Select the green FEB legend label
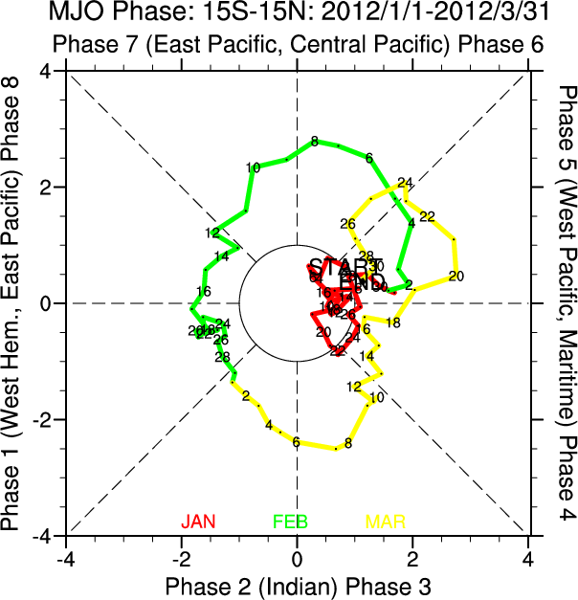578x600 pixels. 291,522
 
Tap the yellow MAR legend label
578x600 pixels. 386,522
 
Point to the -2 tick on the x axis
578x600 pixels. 180,556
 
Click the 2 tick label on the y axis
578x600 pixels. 46,188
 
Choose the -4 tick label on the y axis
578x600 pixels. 42,536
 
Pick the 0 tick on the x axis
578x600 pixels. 297,556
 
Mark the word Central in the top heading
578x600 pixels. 348,44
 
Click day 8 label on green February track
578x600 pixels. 315,143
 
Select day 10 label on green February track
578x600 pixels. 253,168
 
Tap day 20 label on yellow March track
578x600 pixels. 456,277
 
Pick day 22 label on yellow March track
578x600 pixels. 427,216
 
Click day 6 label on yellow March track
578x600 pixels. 296,442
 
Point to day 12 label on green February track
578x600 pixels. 212,233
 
